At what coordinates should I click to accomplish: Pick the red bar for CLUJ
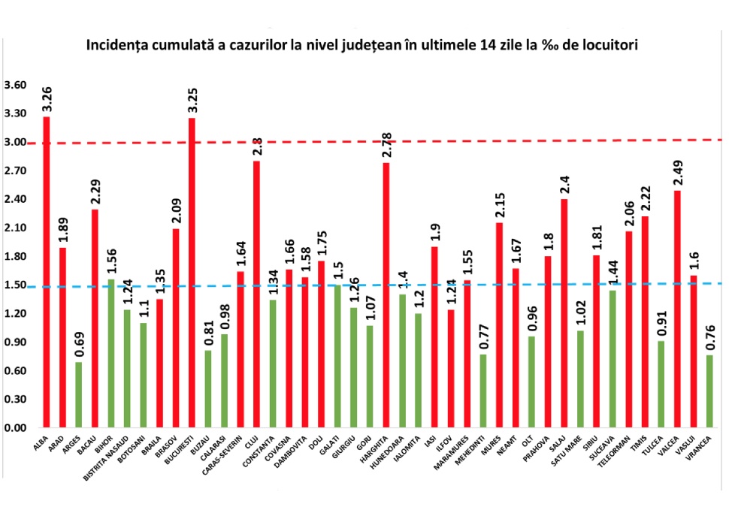pyautogui.click(x=257, y=294)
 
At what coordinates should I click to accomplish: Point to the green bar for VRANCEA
pyautogui.click(x=710, y=391)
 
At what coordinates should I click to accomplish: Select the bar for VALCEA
pyautogui.click(x=678, y=309)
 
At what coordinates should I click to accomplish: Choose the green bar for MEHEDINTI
pyautogui.click(x=483, y=391)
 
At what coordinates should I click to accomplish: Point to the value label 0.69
pyautogui.click(x=79, y=343)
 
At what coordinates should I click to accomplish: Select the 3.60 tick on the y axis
pyautogui.click(x=15, y=85)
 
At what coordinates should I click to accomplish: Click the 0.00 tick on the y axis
pyautogui.click(x=15, y=427)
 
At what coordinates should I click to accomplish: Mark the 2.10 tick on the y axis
pyautogui.click(x=15, y=228)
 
